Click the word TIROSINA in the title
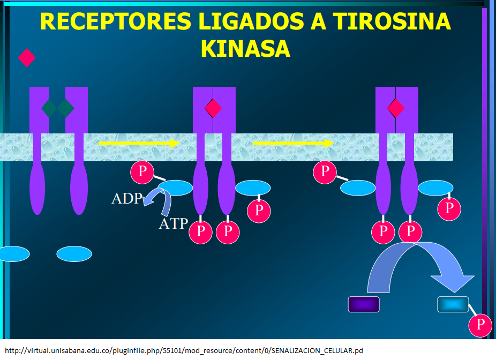pos(392,21)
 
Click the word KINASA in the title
pos(245,49)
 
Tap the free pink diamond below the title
pos(27,57)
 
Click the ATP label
pos(174,223)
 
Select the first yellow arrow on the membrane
pos(138,143)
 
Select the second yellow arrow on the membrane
pos(292,143)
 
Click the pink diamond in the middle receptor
pos(213,108)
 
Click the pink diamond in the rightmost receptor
pos(396,108)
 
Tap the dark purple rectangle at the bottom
pos(364,304)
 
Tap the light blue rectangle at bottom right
pos(453,304)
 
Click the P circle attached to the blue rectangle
pos(480,325)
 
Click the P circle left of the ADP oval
pos(142,171)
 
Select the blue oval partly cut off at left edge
pos(13,254)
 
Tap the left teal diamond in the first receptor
pos(50,108)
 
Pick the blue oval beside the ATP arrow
pos(175,187)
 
